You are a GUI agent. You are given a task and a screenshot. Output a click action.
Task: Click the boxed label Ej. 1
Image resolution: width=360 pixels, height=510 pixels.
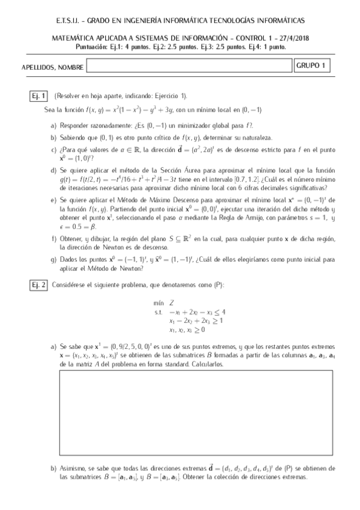pyautogui.click(x=40, y=96)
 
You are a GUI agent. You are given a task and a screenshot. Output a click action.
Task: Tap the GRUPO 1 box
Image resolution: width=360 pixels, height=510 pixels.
pyautogui.click(x=313, y=66)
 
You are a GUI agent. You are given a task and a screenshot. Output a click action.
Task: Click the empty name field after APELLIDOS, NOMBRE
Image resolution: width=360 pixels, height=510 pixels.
pyautogui.click(x=189, y=66)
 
